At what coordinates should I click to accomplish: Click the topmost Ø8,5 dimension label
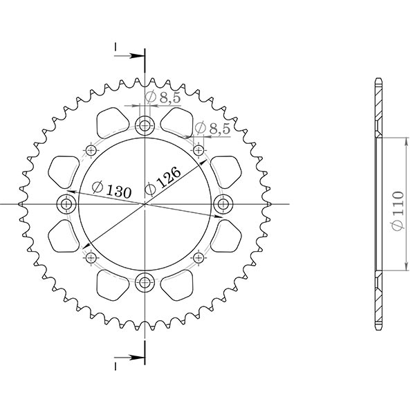163,98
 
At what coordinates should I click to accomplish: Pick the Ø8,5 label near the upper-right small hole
212,128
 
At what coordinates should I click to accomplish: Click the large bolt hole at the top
145,126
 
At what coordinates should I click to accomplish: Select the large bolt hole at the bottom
145,282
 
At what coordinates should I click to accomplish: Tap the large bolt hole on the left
68,204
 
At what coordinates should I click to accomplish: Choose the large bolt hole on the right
223,204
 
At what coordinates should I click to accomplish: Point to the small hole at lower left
91,258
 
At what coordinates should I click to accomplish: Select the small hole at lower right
200,258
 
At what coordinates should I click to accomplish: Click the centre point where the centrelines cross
145,204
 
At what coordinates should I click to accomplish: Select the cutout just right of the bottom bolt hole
178,285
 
